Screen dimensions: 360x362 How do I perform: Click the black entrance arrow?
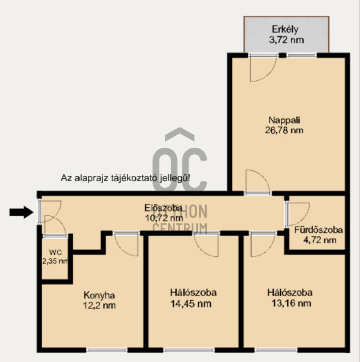click(21, 212)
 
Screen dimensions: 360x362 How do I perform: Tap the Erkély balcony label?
click(285, 29)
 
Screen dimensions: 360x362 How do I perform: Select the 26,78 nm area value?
click(284, 130)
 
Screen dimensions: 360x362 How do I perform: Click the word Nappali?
click(284, 120)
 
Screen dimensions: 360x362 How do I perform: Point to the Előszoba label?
click(163, 208)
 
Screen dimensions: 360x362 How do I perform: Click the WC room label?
click(56, 252)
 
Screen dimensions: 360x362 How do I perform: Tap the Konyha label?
click(99, 295)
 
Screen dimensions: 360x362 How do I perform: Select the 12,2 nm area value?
click(99, 306)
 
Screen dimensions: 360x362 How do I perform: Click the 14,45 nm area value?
click(191, 304)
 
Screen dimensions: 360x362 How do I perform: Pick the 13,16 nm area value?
click(291, 303)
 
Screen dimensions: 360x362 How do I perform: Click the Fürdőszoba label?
click(319, 230)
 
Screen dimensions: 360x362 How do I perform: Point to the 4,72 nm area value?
click(319, 240)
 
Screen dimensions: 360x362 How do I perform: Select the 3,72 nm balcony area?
click(286, 40)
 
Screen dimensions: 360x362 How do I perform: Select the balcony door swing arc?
click(270, 74)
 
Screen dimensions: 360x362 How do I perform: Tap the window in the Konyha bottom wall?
click(107, 350)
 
